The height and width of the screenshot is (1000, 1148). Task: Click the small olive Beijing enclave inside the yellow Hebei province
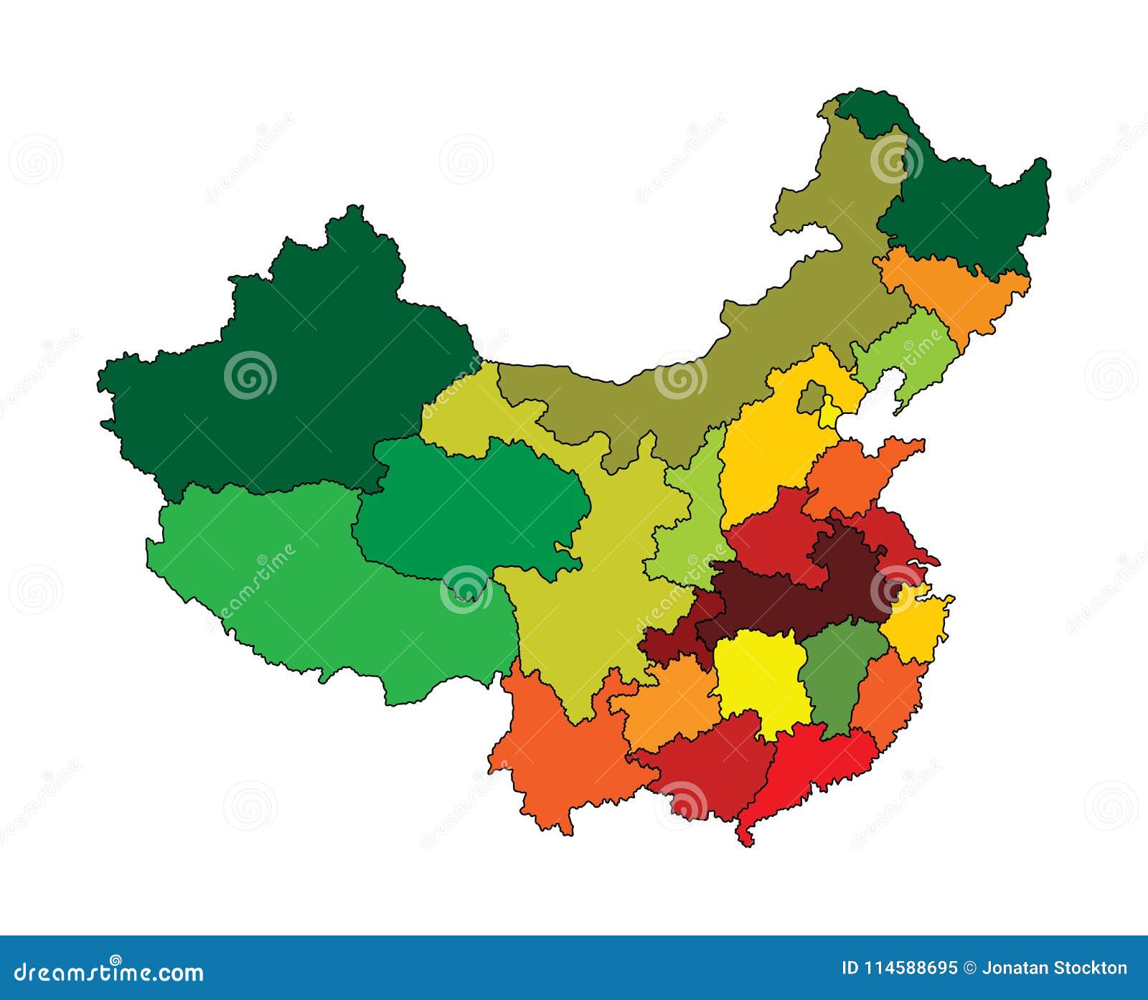(811, 397)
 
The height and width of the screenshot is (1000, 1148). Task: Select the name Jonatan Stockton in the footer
(1054, 968)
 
